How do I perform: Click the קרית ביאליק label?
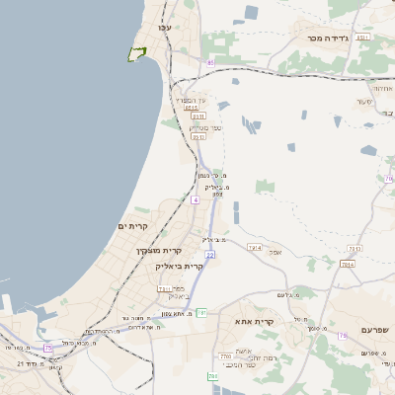coord(179,266)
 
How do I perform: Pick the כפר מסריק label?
coord(204,126)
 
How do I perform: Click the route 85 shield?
coord(210,62)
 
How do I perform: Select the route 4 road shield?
coord(196,199)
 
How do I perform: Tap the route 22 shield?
coord(210,255)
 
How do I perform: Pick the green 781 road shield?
coord(200,313)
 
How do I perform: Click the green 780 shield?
coord(212,376)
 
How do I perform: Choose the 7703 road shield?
coord(225,355)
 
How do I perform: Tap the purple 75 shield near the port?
coord(47,348)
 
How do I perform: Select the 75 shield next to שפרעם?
coord(342,336)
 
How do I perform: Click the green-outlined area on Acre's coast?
coord(136,54)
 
